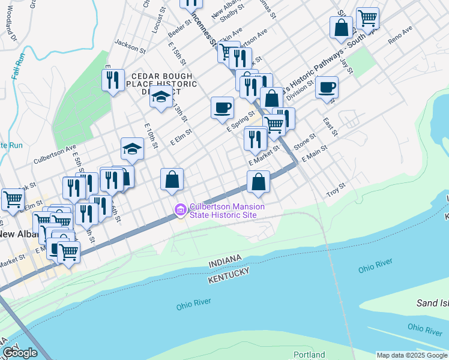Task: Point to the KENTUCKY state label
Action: (x=229, y=276)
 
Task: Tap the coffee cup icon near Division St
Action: (x=327, y=88)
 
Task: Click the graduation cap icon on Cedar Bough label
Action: (x=161, y=96)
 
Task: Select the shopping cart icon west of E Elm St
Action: (x=13, y=199)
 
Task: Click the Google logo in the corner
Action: (x=20, y=352)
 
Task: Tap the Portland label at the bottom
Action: (x=309, y=355)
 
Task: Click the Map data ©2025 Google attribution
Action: (x=412, y=355)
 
